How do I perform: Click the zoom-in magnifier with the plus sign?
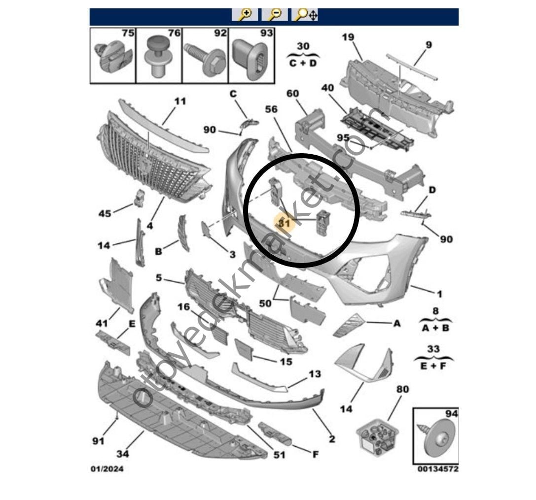pyautogui.click(x=245, y=15)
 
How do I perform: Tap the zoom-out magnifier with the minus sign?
pyautogui.click(x=275, y=15)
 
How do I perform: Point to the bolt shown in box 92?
pyautogui.click(x=204, y=59)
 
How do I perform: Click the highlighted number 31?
pyautogui.click(x=284, y=223)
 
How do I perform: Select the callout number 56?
pyautogui.click(x=272, y=109)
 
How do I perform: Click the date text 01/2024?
pyautogui.click(x=107, y=468)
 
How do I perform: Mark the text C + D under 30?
pyautogui.click(x=303, y=63)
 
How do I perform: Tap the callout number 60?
pyautogui.click(x=293, y=94)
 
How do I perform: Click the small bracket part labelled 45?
pyautogui.click(x=139, y=198)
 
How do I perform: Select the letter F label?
pyautogui.click(x=316, y=454)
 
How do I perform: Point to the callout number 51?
pyautogui.click(x=279, y=454)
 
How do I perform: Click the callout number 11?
pyautogui.click(x=180, y=101)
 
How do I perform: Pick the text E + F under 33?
pyautogui.click(x=432, y=367)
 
